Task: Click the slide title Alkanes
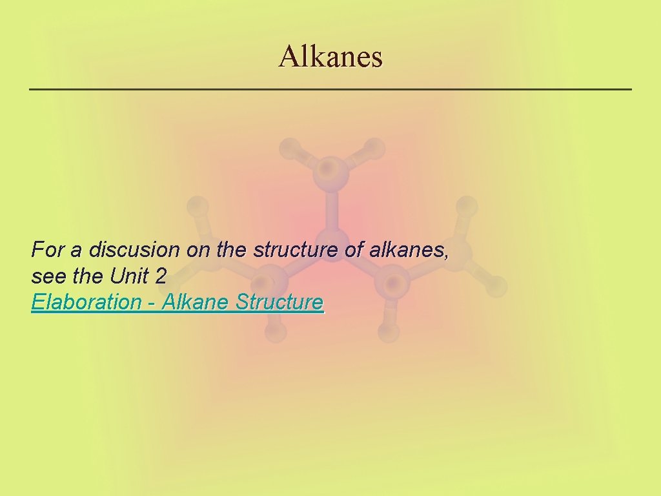coord(330,57)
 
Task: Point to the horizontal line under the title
coord(330,88)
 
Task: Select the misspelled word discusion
coord(135,249)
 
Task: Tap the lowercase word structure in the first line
coord(296,249)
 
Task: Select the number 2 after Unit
coord(161,276)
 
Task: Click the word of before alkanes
coord(354,249)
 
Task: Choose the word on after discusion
coord(198,249)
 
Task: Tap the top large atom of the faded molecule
coord(330,171)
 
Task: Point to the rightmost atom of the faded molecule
coord(496,285)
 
